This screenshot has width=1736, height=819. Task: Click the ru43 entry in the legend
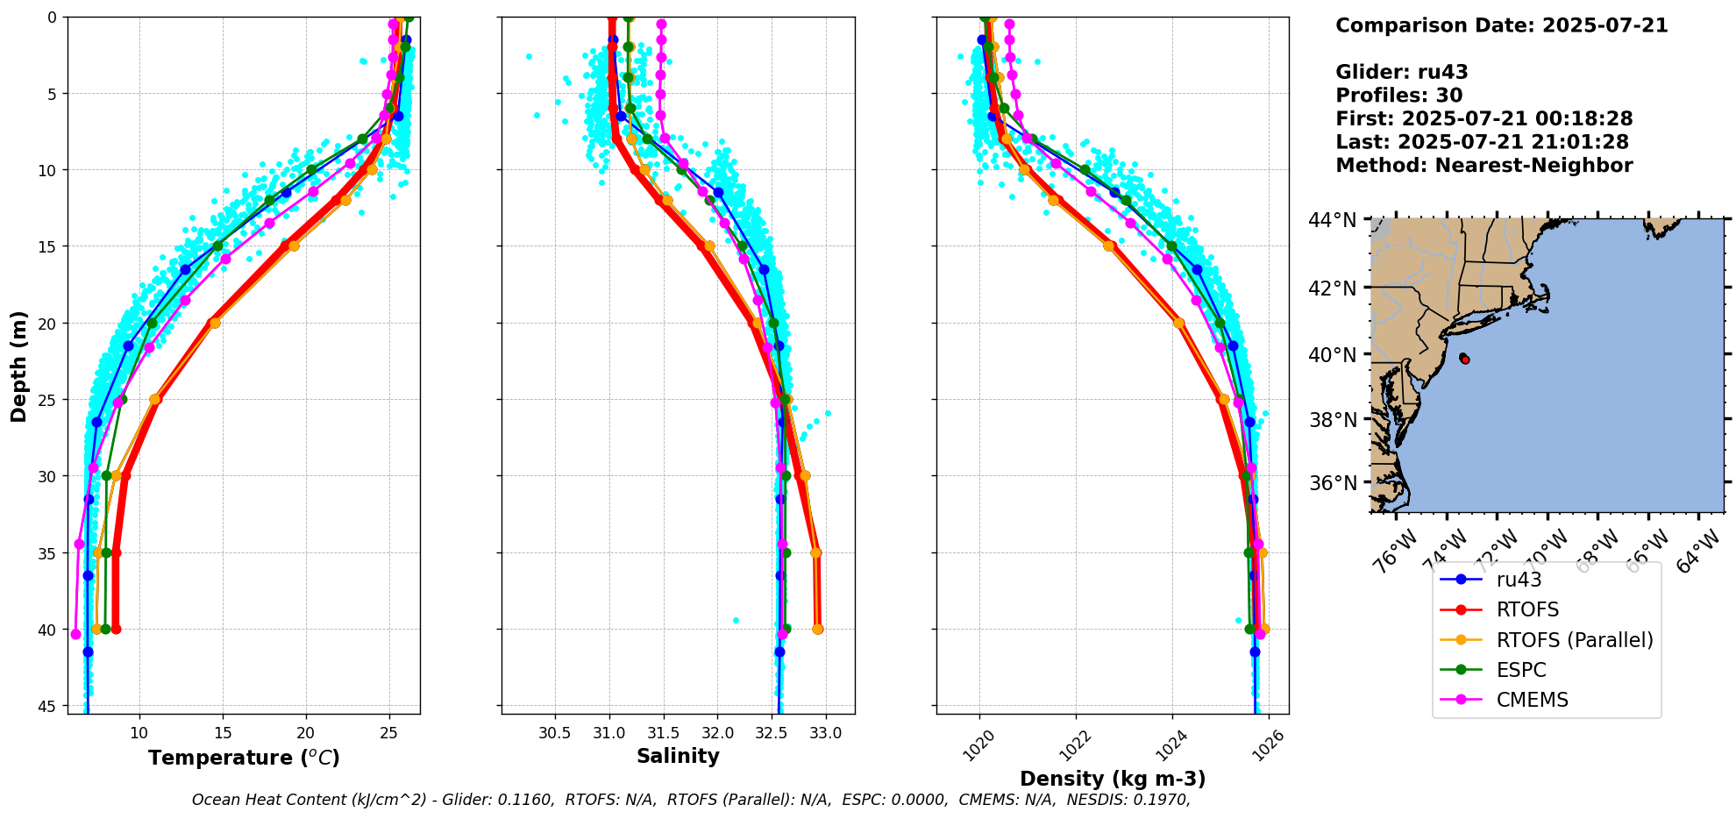click(1519, 580)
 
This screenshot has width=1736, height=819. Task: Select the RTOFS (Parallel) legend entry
click(1574, 640)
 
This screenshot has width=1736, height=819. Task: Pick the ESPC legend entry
click(1521, 670)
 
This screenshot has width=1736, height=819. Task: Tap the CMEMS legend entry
click(1532, 700)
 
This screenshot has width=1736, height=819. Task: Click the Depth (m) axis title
click(18, 366)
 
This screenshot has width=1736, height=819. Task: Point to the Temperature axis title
click(244, 758)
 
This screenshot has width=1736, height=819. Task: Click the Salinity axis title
click(678, 757)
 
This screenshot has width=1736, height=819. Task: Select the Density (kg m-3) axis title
click(1113, 779)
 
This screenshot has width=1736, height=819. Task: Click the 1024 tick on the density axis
click(1170, 745)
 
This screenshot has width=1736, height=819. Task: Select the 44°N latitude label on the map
click(1333, 220)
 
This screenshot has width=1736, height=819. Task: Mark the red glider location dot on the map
click(1465, 360)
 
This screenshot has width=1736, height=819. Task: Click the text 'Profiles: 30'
click(1398, 96)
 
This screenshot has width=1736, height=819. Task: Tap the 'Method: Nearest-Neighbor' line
click(1483, 166)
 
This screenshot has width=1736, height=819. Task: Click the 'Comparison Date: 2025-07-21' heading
click(1501, 25)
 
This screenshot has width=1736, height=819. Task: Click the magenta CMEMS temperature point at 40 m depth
click(75, 634)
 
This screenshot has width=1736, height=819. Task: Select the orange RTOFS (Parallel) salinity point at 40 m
click(817, 629)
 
